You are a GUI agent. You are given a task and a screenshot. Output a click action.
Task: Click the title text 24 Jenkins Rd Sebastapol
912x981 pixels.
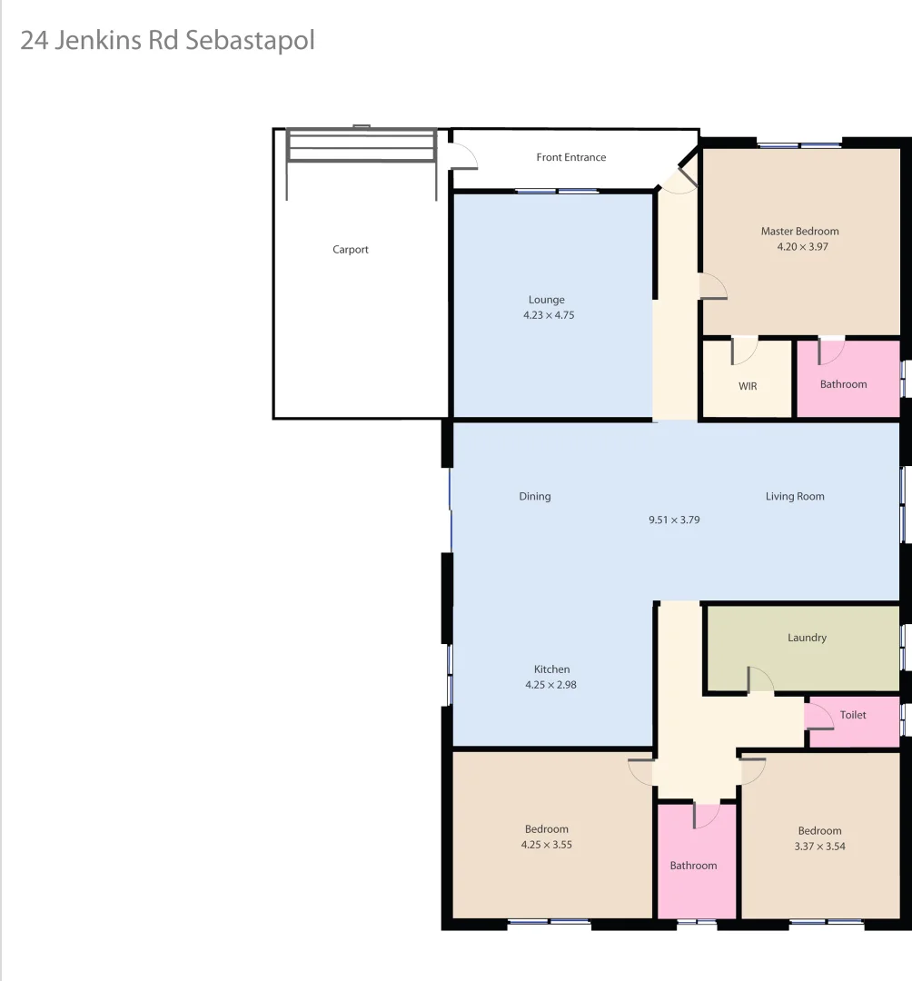167,41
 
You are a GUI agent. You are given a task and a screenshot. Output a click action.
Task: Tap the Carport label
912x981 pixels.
351,250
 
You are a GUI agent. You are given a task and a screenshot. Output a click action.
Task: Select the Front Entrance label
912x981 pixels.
570,157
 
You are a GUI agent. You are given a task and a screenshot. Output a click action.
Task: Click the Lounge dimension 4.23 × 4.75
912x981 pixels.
549,316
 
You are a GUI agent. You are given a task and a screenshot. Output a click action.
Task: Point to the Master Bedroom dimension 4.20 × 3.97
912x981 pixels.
799,246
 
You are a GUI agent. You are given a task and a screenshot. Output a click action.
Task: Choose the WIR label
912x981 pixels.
748,386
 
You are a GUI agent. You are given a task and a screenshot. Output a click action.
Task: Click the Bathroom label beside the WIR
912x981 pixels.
843,384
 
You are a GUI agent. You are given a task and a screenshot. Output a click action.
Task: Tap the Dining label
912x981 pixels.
535,496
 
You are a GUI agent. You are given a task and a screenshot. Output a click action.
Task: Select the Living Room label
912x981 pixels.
795,496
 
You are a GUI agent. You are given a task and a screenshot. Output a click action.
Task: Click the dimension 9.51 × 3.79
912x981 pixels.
674,520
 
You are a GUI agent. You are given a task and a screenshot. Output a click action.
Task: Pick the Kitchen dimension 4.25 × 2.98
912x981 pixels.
550,685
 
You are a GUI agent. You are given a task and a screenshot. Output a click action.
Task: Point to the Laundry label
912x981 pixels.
807,638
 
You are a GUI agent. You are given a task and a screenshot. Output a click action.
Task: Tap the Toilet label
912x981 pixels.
853,715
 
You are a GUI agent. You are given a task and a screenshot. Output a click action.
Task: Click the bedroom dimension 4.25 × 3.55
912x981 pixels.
546,845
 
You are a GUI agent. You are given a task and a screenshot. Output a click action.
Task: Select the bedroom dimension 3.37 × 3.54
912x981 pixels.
819,847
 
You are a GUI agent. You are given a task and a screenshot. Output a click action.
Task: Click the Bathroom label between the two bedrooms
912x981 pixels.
693,866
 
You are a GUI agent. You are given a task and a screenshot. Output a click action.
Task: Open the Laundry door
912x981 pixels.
758,680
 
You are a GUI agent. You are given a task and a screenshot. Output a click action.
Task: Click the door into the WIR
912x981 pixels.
744,350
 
